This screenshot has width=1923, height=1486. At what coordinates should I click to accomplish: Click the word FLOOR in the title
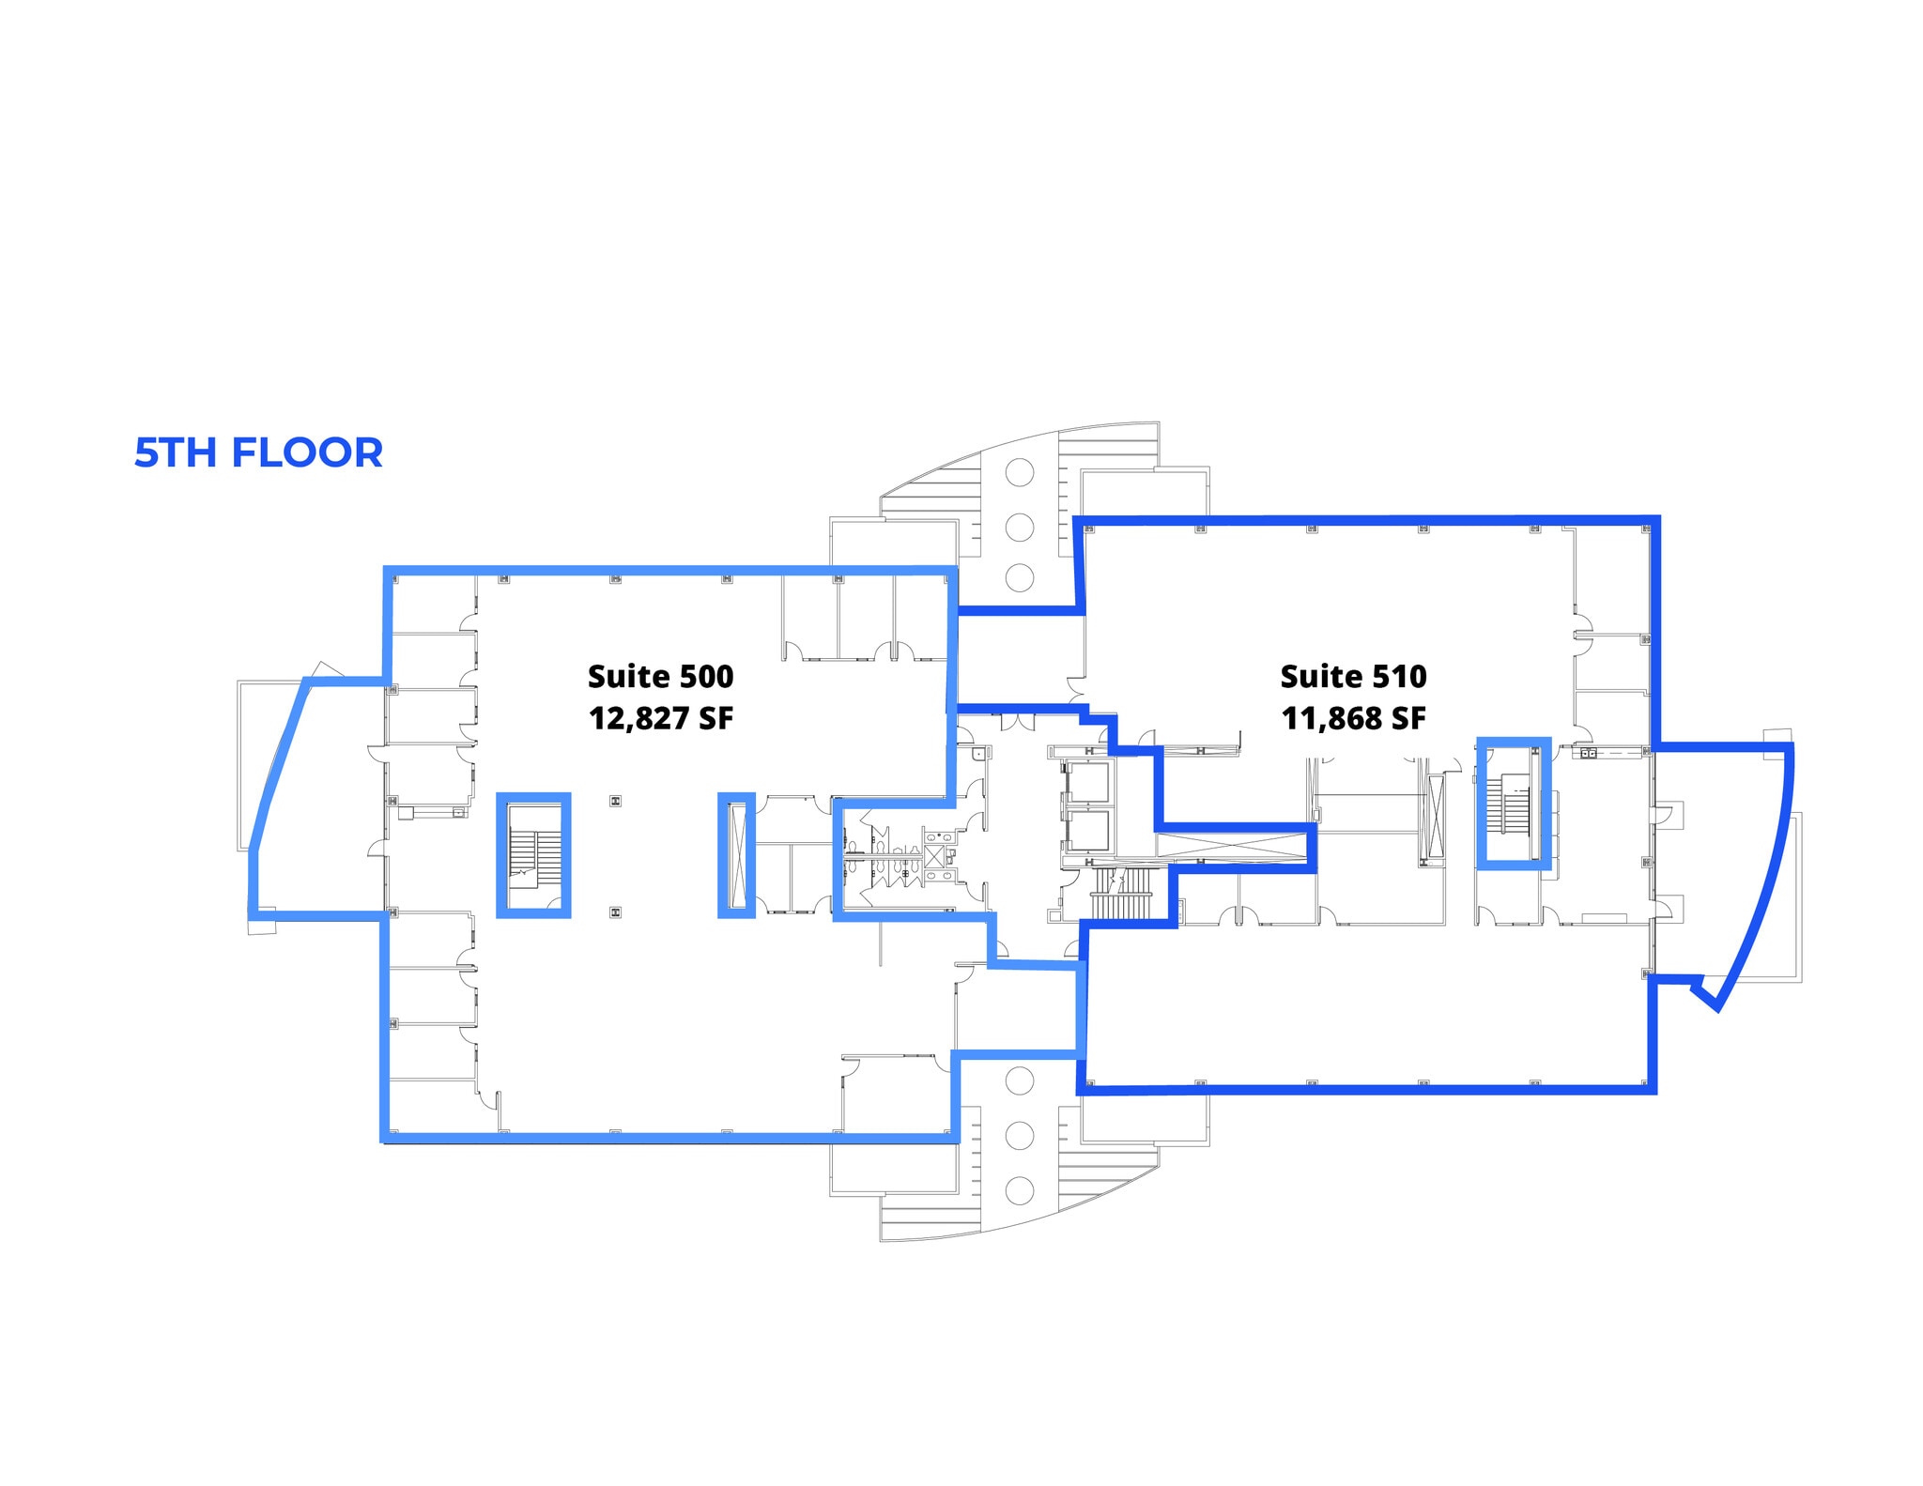click(307, 452)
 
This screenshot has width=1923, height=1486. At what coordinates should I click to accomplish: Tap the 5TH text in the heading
click(177, 452)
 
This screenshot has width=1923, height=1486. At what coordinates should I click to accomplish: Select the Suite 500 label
click(660, 676)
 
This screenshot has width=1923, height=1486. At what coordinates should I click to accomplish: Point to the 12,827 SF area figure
click(660, 718)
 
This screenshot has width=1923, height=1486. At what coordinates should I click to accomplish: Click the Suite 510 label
click(1353, 676)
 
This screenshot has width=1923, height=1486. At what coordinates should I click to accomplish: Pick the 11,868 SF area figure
click(1353, 718)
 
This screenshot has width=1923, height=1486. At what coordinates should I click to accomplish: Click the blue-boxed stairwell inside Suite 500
click(532, 855)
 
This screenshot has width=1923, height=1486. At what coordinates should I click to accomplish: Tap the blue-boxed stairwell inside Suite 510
click(1513, 804)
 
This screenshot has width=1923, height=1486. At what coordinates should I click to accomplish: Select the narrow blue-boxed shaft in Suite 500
click(736, 855)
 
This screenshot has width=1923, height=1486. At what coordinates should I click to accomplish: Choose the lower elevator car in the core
click(1087, 830)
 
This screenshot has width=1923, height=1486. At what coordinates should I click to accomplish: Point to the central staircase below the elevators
click(1122, 896)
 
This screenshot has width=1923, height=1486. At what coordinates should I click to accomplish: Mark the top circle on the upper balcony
click(1020, 472)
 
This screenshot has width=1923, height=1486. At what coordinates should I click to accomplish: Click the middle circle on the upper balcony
click(1020, 528)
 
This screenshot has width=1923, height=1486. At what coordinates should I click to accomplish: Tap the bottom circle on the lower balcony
click(1020, 1190)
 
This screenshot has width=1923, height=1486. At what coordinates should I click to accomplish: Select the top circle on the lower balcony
click(1020, 1080)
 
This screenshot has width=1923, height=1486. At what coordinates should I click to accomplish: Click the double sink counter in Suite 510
click(1589, 753)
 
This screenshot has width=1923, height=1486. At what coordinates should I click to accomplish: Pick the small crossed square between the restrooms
click(935, 855)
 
